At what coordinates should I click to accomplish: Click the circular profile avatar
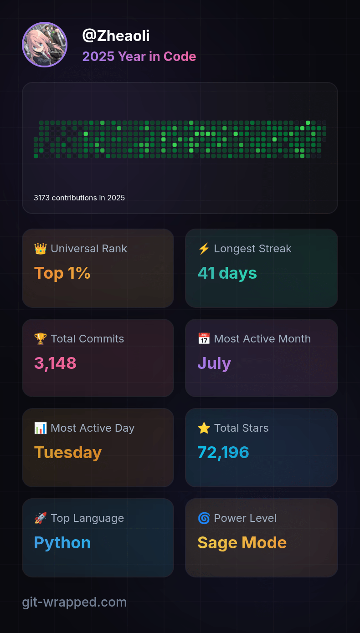click(45, 45)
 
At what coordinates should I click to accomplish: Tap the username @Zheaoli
click(116, 36)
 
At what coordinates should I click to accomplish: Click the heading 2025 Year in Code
click(139, 56)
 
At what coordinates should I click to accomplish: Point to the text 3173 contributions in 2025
click(79, 198)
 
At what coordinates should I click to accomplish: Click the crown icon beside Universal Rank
click(41, 249)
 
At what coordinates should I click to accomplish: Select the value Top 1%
click(62, 273)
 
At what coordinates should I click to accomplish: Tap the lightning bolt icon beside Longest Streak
click(204, 249)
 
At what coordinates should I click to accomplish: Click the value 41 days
click(227, 273)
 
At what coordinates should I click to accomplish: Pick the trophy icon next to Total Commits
click(41, 339)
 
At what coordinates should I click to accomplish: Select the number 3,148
click(55, 363)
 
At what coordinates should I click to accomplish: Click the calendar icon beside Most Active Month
click(204, 339)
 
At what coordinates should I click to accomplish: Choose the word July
click(214, 363)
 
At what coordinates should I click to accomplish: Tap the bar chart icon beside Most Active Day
click(41, 428)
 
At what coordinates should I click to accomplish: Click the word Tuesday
click(68, 453)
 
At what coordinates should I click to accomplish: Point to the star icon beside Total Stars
click(204, 428)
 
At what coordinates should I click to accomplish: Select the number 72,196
click(223, 453)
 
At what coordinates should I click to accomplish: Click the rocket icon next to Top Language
click(41, 518)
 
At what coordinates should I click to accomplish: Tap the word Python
click(62, 543)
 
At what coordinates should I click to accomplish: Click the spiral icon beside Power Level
click(204, 518)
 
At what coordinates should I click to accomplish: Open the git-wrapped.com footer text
click(74, 602)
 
